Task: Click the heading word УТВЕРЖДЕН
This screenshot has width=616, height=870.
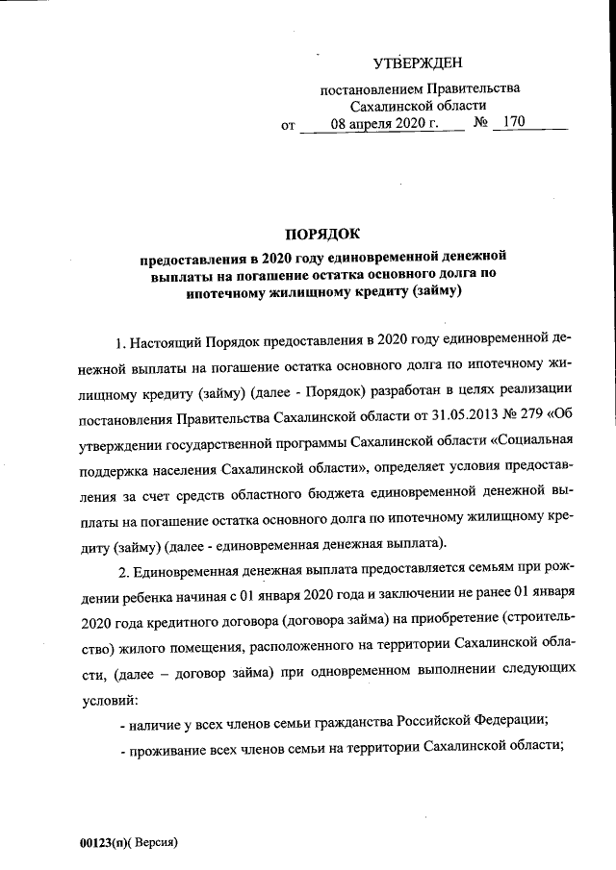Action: [x=418, y=63]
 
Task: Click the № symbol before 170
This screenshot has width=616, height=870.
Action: [x=482, y=125]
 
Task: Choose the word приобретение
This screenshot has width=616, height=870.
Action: [x=442, y=619]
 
